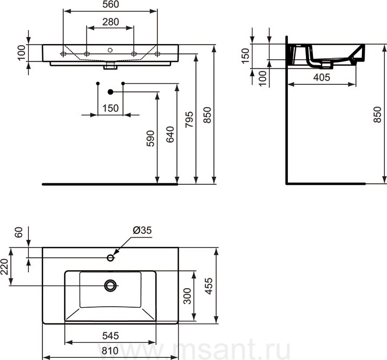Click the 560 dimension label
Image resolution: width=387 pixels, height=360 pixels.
(x=110, y=4)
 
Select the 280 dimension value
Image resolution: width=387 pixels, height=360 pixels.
(x=110, y=22)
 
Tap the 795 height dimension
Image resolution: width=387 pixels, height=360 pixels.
(x=189, y=120)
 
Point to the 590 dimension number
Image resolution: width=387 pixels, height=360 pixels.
(x=150, y=139)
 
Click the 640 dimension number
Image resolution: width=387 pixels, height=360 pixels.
(x=170, y=134)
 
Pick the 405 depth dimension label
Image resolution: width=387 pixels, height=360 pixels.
(x=322, y=77)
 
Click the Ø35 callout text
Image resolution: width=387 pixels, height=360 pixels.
(x=143, y=230)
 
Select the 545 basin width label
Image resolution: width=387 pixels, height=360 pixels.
(x=110, y=336)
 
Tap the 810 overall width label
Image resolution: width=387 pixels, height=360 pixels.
(x=110, y=351)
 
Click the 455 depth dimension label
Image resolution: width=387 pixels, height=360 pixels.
(x=209, y=286)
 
